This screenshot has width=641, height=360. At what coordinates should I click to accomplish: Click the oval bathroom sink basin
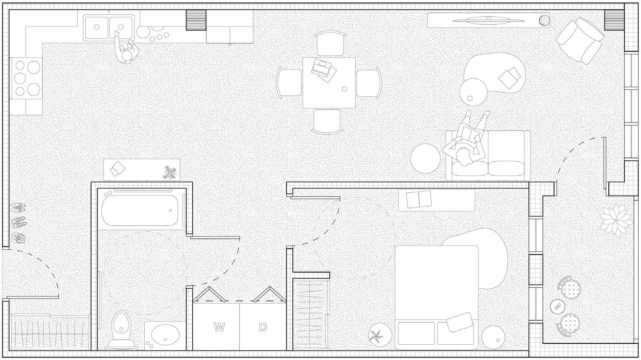click(165, 334)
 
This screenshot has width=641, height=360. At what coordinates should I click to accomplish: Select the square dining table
click(329, 83)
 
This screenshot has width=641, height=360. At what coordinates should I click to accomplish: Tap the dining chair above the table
click(329, 44)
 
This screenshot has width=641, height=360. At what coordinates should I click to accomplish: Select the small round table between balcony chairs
click(558, 306)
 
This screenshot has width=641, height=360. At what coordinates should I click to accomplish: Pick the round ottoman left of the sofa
click(426, 158)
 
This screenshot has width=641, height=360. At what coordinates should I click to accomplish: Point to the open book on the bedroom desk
click(419, 199)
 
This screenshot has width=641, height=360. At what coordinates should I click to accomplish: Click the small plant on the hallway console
click(170, 172)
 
